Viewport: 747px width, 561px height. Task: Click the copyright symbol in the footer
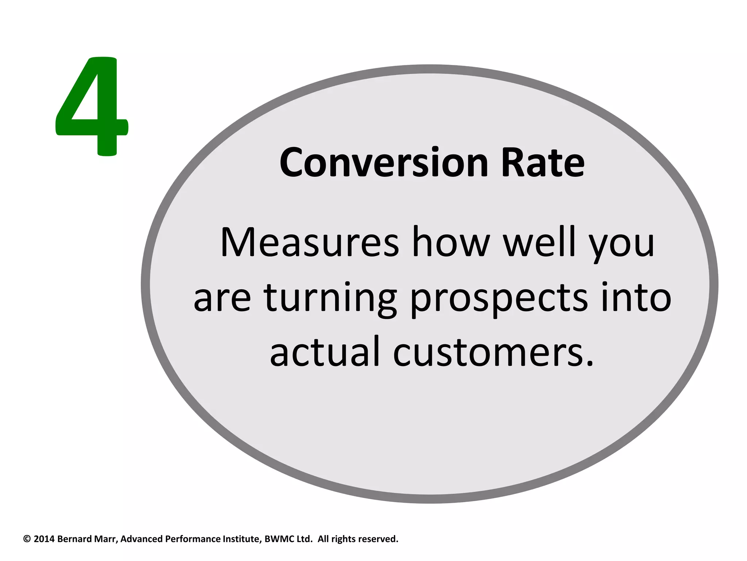pos(27,539)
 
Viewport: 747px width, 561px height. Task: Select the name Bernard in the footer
pos(74,539)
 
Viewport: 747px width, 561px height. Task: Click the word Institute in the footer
pos(242,539)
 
